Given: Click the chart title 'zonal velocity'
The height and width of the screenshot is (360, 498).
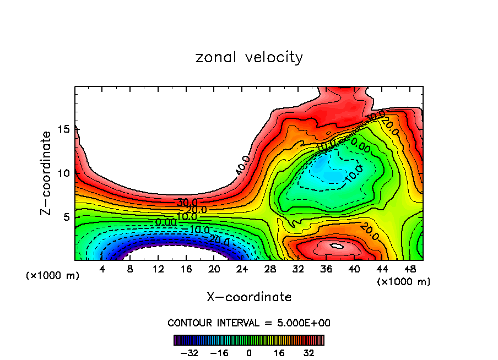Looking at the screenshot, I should pyautogui.click(x=249, y=57).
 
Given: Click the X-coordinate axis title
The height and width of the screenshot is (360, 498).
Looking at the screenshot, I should pyautogui.click(x=249, y=297).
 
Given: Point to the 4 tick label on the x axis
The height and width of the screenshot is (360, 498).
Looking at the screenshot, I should pyautogui.click(x=102, y=269).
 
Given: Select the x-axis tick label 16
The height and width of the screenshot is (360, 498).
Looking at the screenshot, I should pyautogui.click(x=186, y=269).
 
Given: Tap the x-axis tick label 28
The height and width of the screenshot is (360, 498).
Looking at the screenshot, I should pyautogui.click(x=270, y=269).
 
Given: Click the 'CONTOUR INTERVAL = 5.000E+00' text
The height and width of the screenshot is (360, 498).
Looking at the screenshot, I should pyautogui.click(x=249, y=323).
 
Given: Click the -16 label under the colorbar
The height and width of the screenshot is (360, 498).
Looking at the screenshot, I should pyautogui.click(x=220, y=353).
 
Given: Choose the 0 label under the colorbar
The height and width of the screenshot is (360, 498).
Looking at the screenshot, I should pyautogui.click(x=249, y=353).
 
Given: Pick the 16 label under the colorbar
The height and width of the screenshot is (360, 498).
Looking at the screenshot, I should pyautogui.click(x=279, y=353).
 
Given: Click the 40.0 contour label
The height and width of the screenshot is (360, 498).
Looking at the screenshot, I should pyautogui.click(x=242, y=165).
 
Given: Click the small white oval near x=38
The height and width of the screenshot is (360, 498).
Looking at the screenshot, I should pyautogui.click(x=337, y=246).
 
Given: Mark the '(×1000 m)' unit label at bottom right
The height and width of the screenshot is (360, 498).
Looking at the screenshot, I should pyautogui.click(x=403, y=281).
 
